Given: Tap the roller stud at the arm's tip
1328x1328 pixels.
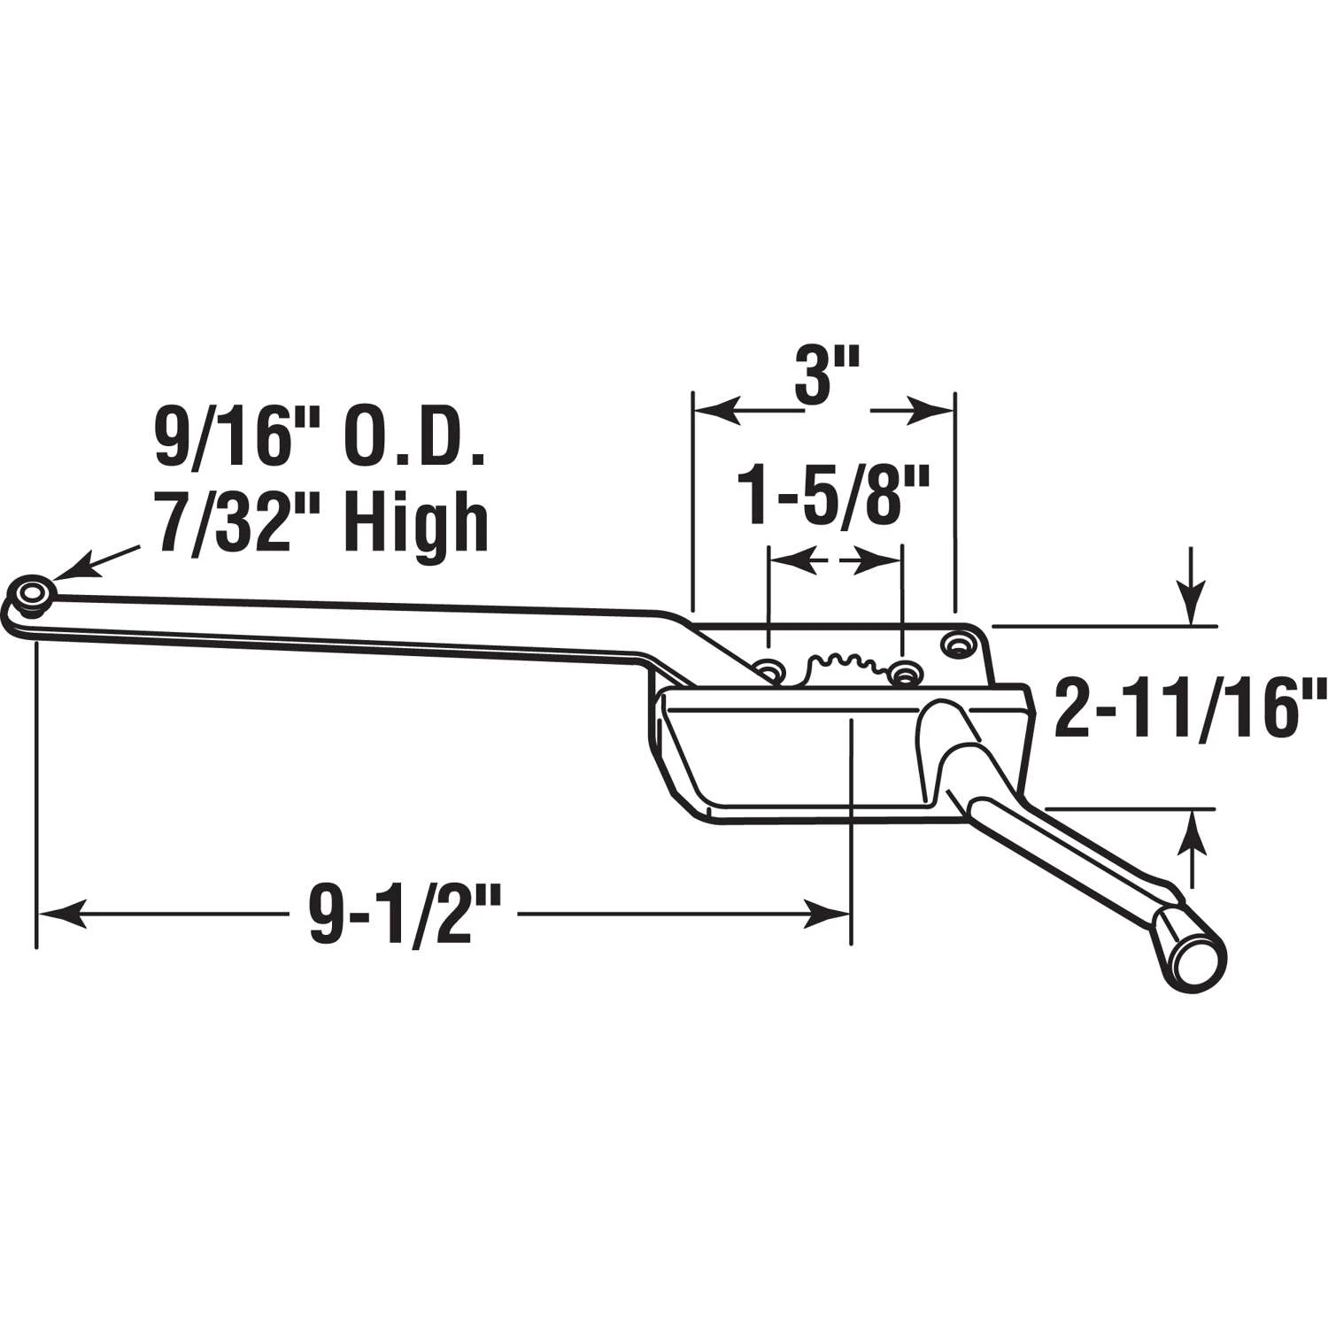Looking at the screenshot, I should [x=35, y=594].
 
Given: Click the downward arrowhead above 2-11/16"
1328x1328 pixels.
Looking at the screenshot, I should [x=1192, y=611].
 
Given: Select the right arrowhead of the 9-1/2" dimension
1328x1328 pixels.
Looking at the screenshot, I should [x=828, y=913].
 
